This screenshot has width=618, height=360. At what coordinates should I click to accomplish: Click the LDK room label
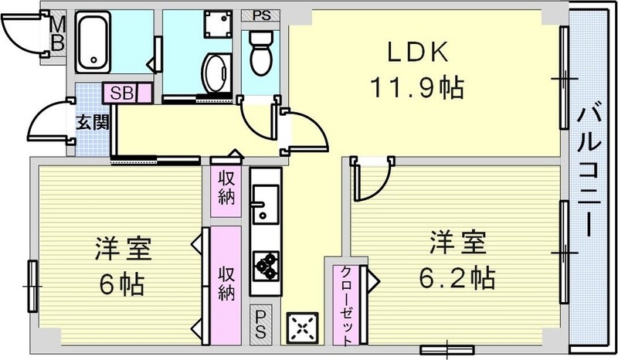point(417,52)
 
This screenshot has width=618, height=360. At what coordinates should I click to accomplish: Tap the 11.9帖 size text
point(418,87)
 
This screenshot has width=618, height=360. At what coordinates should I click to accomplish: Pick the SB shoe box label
point(121,93)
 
